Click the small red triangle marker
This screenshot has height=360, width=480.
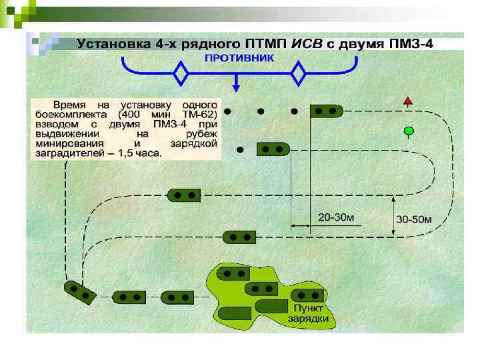(408, 101)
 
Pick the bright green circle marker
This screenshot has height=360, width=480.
(409, 131)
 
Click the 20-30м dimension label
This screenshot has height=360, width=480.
(336, 217)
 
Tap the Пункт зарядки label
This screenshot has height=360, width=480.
(307, 313)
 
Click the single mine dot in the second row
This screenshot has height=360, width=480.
(240, 148)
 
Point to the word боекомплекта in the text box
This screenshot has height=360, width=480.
(66, 114)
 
